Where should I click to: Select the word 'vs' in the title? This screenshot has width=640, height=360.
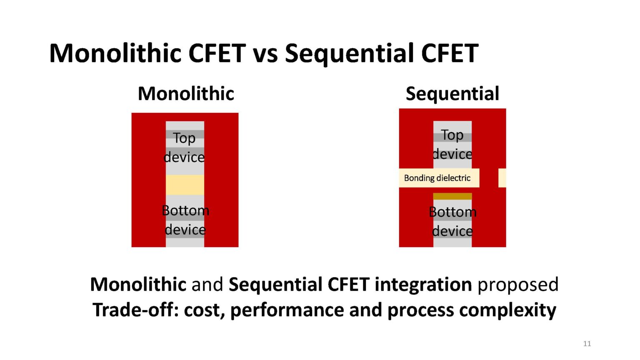point(265,54)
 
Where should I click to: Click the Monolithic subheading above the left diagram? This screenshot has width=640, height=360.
point(186,93)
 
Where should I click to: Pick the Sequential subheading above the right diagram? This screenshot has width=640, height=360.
point(452,93)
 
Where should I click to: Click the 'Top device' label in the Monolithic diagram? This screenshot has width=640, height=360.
point(184,147)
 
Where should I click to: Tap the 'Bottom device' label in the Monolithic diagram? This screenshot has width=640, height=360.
point(185,220)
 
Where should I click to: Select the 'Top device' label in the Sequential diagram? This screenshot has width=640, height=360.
point(452,144)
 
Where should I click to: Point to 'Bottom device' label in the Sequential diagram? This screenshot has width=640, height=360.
point(452,222)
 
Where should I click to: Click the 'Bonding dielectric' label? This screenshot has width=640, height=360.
point(437,178)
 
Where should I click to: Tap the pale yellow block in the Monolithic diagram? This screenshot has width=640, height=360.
point(185,185)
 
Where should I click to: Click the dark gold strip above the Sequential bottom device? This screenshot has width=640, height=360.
point(452,196)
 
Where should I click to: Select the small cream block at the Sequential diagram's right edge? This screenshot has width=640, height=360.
point(502,178)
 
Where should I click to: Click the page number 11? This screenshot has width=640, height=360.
point(587,344)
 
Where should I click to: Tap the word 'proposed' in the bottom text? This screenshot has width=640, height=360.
point(518,285)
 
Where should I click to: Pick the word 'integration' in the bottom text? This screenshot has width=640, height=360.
point(423,285)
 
